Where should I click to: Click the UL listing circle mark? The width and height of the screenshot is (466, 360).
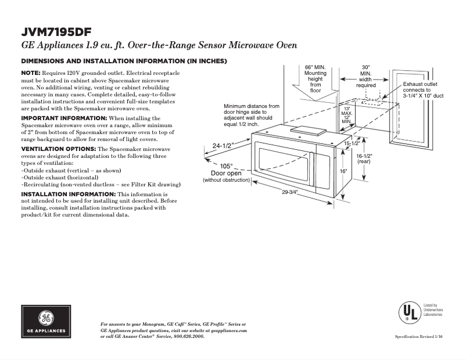coord(409,313)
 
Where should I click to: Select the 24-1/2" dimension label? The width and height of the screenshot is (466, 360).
coord(223,146)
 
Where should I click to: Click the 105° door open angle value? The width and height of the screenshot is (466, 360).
coord(226,166)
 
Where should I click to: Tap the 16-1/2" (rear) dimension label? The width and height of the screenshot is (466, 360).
coord(364,159)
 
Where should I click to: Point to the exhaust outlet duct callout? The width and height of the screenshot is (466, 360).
coord(423,90)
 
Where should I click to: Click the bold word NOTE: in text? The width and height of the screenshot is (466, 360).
coord(30,72)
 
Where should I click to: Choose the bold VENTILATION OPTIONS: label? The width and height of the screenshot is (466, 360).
coord(58,149)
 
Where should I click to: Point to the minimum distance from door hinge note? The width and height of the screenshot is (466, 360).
coord(251,116)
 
